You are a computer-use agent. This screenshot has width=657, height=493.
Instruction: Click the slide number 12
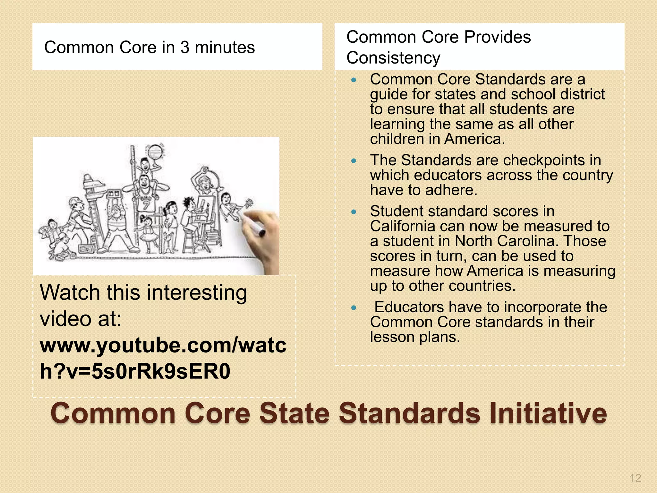tap(635, 478)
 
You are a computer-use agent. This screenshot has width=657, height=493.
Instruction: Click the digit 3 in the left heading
tap(184, 48)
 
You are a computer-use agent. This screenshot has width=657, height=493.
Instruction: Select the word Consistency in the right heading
tap(393, 58)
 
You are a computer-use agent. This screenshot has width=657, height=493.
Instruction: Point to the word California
tap(402, 226)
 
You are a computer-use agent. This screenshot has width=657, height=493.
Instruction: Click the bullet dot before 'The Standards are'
tap(354, 161)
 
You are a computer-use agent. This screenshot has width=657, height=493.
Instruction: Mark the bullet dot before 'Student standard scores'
tap(354, 212)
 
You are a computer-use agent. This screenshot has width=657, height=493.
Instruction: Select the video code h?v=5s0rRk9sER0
tap(135, 372)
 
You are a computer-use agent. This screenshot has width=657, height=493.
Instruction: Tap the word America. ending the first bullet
tap(474, 139)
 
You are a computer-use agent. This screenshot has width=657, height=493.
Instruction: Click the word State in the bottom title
tap(294, 413)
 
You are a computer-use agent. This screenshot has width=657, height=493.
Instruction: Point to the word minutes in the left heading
tap(225, 48)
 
